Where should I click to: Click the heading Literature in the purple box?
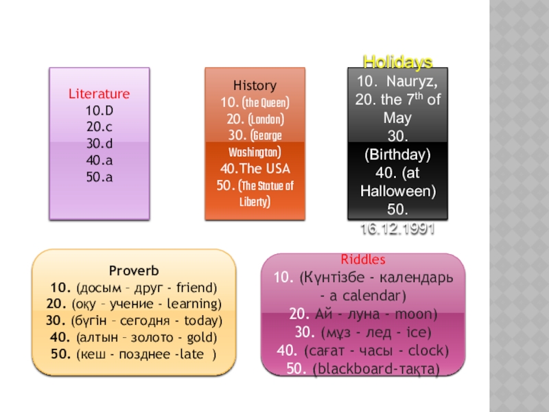pyautogui.click(x=99, y=93)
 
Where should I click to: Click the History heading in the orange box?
pyautogui.click(x=255, y=86)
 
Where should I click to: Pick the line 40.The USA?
pyautogui.click(x=255, y=168)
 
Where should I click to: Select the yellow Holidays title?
pyautogui.click(x=397, y=62)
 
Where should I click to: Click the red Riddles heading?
pyautogui.click(x=363, y=260)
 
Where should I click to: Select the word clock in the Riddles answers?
pyautogui.click(x=426, y=351)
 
